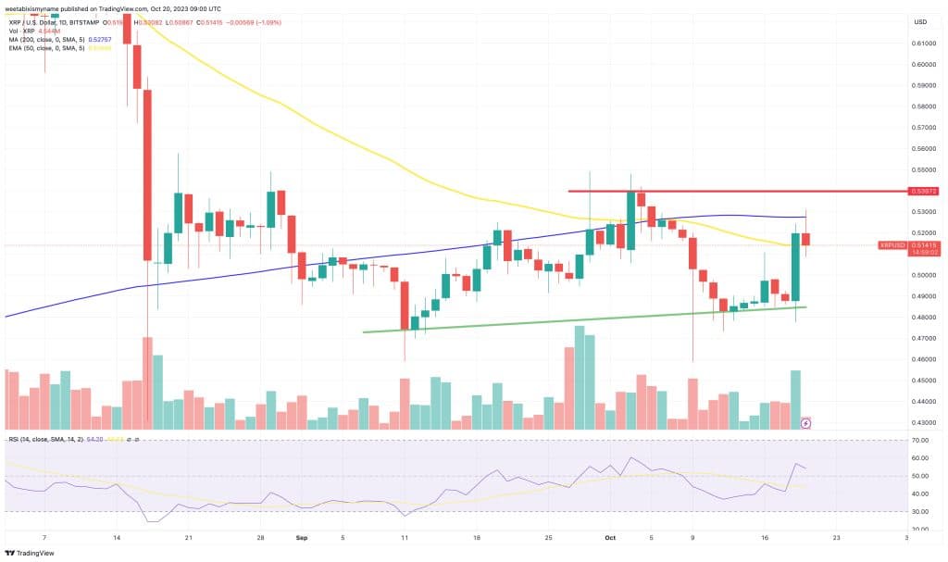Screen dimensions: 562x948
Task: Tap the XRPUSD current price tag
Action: [x=913, y=245]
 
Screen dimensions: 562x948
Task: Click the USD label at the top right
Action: [x=920, y=21]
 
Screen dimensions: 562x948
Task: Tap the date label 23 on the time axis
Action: [x=835, y=536]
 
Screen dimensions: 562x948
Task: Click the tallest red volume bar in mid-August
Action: [x=147, y=381]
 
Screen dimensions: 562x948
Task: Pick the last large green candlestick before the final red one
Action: [x=795, y=267]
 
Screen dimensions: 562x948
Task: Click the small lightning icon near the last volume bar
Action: [x=805, y=423]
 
